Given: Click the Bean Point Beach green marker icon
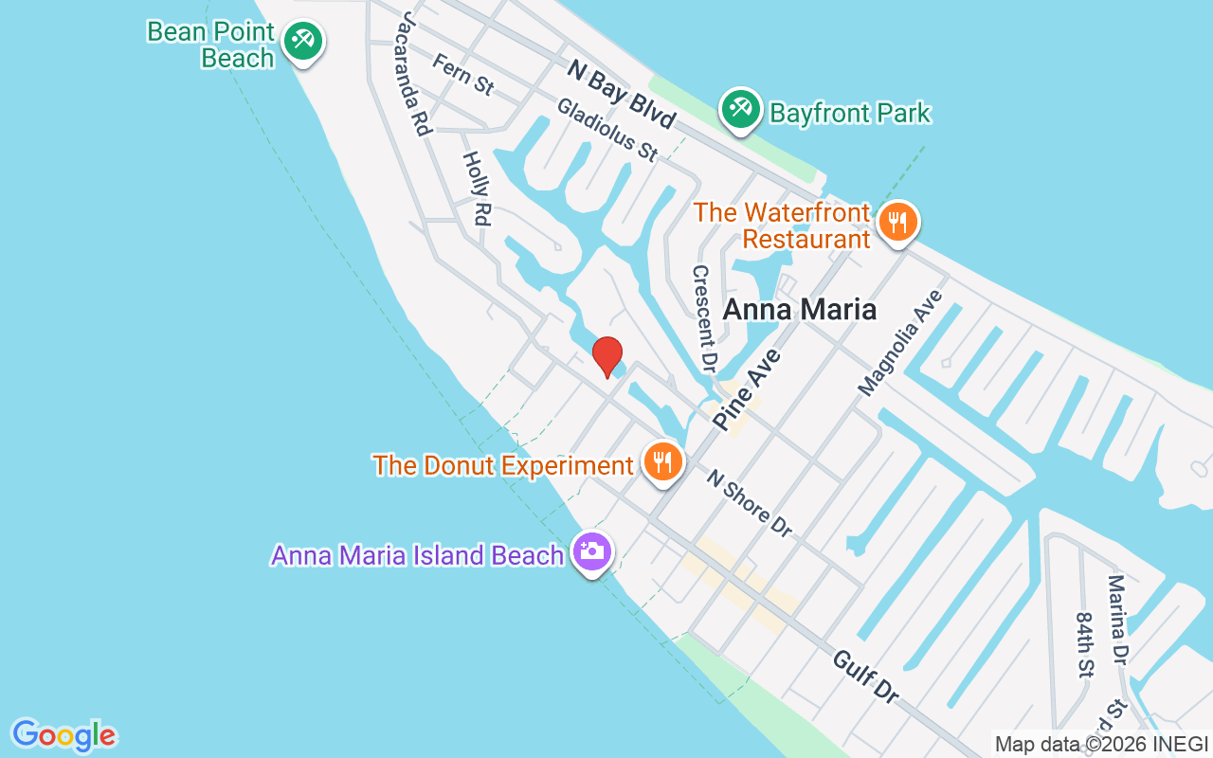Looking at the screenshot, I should [x=302, y=41].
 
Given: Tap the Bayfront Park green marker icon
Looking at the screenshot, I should [x=740, y=110].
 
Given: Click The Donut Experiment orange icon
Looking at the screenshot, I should [x=663, y=461].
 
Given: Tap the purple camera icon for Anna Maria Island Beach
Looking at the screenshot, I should [x=592, y=550].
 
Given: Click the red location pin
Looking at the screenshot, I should [x=606, y=357].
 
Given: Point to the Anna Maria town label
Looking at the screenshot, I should [x=799, y=309].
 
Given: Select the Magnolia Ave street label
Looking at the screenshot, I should [x=901, y=343].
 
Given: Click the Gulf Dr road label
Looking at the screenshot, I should [x=865, y=676].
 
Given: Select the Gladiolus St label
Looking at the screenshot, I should [x=606, y=130].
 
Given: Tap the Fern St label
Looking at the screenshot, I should [x=462, y=74].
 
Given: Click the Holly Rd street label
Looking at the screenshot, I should [x=476, y=189].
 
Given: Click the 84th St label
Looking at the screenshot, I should [x=1085, y=644].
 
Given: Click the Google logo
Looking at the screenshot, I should [x=63, y=735].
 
